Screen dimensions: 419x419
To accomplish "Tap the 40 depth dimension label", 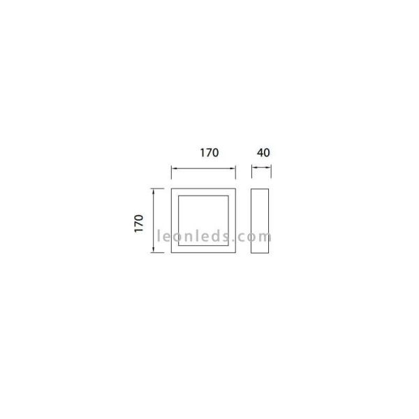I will pos(263,152).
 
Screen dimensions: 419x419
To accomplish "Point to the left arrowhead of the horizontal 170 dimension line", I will pos(173,168).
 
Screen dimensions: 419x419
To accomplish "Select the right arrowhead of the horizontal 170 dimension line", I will pos(234,168).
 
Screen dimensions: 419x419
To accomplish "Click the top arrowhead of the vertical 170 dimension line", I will pos(154,190).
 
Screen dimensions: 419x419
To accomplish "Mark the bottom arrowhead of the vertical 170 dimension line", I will pos(154,251).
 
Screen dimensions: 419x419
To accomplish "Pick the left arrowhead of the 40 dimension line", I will pos(253,168).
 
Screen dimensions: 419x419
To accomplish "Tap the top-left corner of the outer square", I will pos(172,189).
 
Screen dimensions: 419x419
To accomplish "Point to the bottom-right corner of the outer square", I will pos(236,253).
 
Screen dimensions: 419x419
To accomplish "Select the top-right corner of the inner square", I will pos(229,196).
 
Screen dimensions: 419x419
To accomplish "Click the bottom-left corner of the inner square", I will pos(179,247).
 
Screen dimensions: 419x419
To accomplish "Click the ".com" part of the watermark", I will pos(256,236).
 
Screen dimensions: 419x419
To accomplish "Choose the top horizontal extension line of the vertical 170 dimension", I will pos(158,188).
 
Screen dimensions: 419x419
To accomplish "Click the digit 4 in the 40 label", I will pos(259,152).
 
